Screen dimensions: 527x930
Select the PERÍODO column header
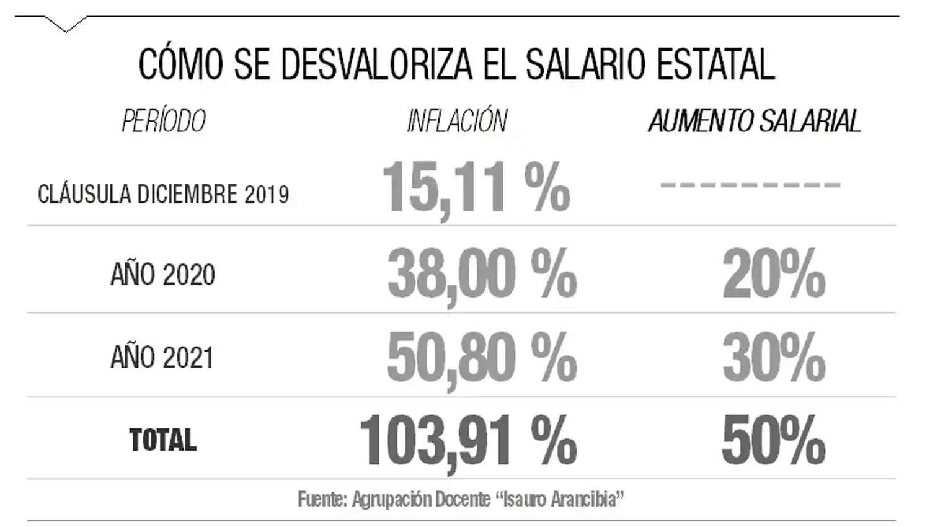(x=164, y=121)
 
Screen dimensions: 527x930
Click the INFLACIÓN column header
(x=457, y=121)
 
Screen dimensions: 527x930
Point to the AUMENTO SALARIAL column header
(x=755, y=121)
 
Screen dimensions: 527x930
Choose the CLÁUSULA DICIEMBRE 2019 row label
(x=164, y=194)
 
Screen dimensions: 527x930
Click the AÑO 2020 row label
(x=163, y=274)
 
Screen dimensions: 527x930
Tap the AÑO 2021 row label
(x=162, y=357)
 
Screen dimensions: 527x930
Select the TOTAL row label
(x=163, y=440)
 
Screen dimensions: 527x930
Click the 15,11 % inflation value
(x=476, y=187)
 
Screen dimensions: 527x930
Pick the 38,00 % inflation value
(x=482, y=273)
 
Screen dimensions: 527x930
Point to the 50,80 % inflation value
(x=482, y=358)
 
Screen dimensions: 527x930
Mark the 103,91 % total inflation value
(x=468, y=441)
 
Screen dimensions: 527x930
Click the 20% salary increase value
(x=774, y=273)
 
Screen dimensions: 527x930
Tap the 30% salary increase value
(x=774, y=358)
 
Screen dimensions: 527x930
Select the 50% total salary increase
(x=774, y=441)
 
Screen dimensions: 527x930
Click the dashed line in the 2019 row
(x=750, y=185)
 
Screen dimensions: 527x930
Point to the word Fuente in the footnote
(x=322, y=499)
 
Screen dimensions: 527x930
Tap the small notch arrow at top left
(x=66, y=25)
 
